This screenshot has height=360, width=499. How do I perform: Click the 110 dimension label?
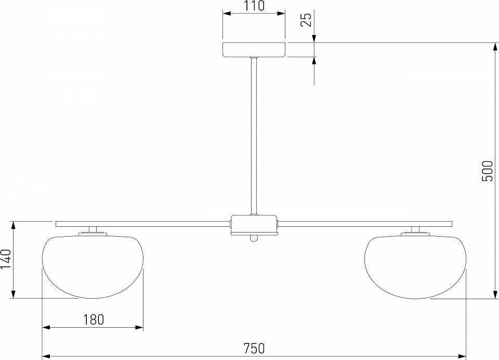tap(254, 6)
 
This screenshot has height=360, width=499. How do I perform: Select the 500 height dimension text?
tap(487, 171)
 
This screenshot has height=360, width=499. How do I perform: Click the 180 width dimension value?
tap(94, 319)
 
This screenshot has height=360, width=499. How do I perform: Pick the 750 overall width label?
tap(254, 348)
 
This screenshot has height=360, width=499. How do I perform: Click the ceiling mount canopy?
tap(254, 50)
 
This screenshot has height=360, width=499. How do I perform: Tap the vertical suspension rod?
tap(254, 136)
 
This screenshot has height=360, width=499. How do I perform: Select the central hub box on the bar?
tap(254, 225)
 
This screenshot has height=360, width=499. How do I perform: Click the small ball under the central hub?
tap(254, 238)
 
